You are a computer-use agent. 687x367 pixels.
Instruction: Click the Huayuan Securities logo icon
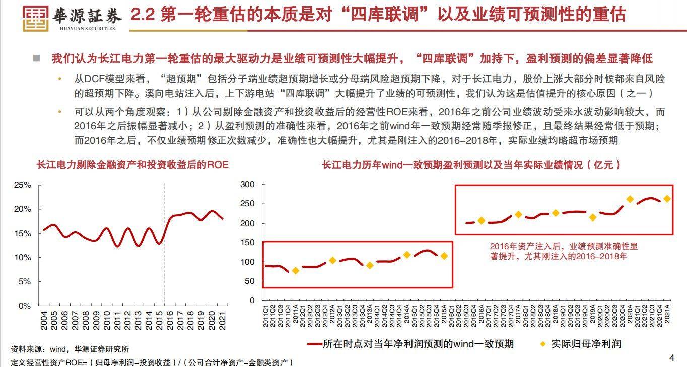pos(36,19)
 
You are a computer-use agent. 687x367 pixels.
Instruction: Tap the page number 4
pos(671,358)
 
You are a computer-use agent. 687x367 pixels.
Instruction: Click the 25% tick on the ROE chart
pos(23,185)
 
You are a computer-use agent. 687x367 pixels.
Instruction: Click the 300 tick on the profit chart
pos(248,185)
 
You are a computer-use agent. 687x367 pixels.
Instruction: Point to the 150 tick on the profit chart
pos(248,243)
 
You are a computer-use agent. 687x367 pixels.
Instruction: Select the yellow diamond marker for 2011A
pos(296,271)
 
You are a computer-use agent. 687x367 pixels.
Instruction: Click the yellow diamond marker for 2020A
pos(630,199)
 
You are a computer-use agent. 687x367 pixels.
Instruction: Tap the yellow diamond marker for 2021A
pos(667,199)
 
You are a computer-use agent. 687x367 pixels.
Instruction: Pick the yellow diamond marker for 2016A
pos(481,221)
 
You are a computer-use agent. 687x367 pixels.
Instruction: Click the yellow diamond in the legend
pos(542,344)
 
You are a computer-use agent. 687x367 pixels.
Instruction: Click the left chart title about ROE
pos(132,165)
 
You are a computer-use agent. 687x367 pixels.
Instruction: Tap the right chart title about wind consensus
pos(471,165)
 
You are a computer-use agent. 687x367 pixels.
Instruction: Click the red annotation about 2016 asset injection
pos(564,251)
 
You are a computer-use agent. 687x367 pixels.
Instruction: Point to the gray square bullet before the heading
pos(36,58)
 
